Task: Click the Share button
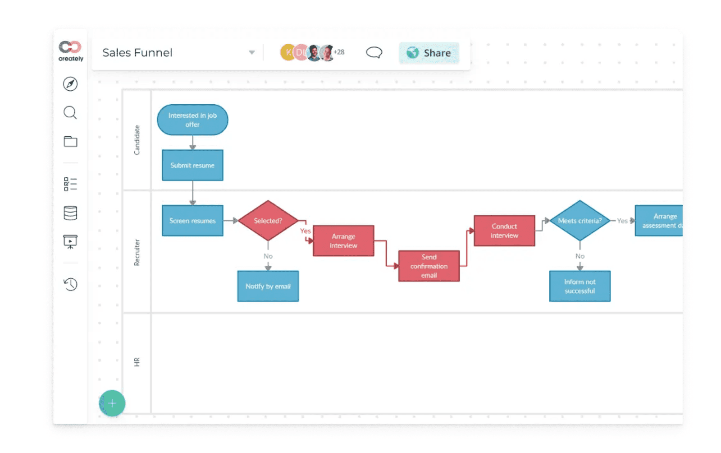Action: pyautogui.click(x=429, y=53)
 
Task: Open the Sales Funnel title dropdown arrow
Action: pyautogui.click(x=251, y=52)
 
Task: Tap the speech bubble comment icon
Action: pyautogui.click(x=374, y=52)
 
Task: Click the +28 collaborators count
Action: pyautogui.click(x=339, y=52)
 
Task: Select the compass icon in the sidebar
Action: pyautogui.click(x=70, y=84)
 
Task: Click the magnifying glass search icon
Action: pyautogui.click(x=70, y=112)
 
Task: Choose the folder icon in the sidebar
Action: pyautogui.click(x=70, y=142)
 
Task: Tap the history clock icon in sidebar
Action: pyautogui.click(x=70, y=284)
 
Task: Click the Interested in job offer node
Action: pyautogui.click(x=192, y=120)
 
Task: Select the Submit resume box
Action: pyautogui.click(x=192, y=166)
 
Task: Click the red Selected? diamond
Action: pyautogui.click(x=268, y=221)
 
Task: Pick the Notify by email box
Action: pyautogui.click(x=268, y=286)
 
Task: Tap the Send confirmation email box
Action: pyautogui.click(x=429, y=266)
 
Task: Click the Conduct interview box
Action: pyautogui.click(x=504, y=231)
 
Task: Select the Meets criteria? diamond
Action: pyautogui.click(x=580, y=221)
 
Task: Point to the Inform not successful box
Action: pyautogui.click(x=580, y=286)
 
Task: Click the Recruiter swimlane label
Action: pyautogui.click(x=137, y=252)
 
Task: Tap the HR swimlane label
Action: pyautogui.click(x=137, y=362)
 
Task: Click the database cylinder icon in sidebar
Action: pyautogui.click(x=70, y=213)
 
